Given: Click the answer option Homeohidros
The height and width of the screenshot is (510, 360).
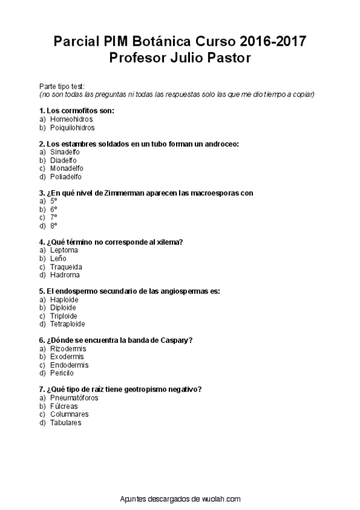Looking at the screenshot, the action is [71, 119].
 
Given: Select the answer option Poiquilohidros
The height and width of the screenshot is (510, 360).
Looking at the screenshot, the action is [72, 127].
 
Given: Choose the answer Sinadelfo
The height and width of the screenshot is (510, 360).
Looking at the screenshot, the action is [65, 152].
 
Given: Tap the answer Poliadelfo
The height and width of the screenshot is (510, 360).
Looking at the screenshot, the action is [66, 177].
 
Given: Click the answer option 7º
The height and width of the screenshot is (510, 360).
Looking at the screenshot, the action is [53, 218].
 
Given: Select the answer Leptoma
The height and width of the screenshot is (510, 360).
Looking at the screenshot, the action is [64, 250].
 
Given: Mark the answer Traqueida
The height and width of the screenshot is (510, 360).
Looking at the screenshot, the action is [66, 266].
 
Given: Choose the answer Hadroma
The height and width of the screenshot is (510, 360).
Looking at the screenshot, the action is [65, 275].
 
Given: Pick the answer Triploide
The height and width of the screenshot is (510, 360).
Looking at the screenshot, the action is [64, 316].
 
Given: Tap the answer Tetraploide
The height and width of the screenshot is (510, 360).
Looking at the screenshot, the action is [67, 324].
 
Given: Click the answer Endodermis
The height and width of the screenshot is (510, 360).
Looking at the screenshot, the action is [69, 365].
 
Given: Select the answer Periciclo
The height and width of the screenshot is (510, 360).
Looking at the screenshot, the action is [63, 373].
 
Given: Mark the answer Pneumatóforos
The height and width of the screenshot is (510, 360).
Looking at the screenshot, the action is [74, 398].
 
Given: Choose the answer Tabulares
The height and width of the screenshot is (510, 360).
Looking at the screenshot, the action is [66, 422].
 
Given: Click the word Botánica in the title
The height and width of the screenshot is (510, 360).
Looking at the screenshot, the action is [157, 42].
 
